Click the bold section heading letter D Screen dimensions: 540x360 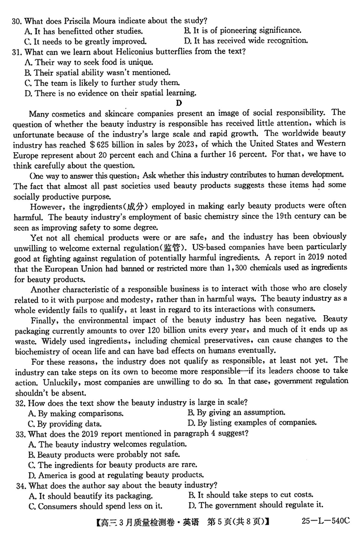click(179, 103)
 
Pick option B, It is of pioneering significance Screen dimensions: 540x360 click(243, 31)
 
